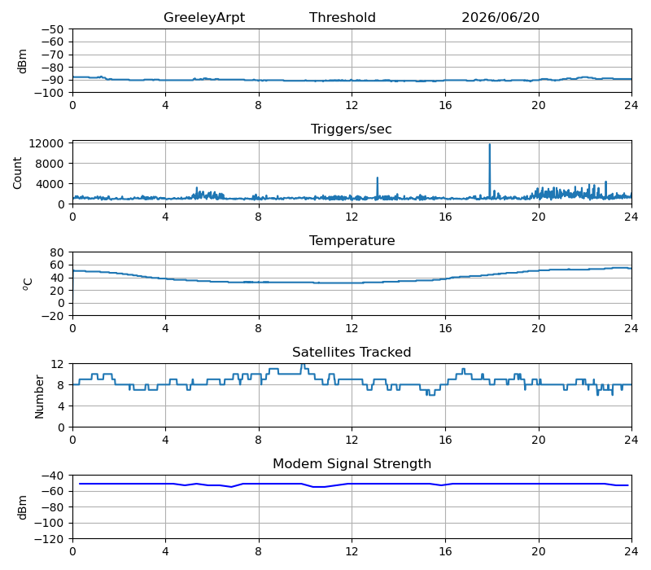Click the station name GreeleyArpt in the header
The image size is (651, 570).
[204, 17]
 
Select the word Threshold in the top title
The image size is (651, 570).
[342, 17]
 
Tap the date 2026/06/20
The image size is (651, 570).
[500, 17]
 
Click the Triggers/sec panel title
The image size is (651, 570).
[352, 129]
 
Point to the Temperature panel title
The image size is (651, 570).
[352, 240]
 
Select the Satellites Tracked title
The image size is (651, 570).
[352, 352]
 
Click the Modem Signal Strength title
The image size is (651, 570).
[352, 463]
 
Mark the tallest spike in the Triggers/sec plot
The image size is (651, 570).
[490, 145]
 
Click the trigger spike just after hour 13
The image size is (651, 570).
[378, 178]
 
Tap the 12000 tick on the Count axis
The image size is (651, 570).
[46, 144]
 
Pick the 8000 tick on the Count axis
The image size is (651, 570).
[50, 164]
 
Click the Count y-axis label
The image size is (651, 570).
[17, 173]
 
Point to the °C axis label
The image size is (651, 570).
[27, 284]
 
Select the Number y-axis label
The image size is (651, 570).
[39, 397]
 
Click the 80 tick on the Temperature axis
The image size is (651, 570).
[58, 252]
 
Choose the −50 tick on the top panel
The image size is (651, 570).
[53, 29]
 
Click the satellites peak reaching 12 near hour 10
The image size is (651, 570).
[303, 365]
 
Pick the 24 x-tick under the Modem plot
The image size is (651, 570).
[631, 551]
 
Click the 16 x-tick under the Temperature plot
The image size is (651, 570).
[445, 328]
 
